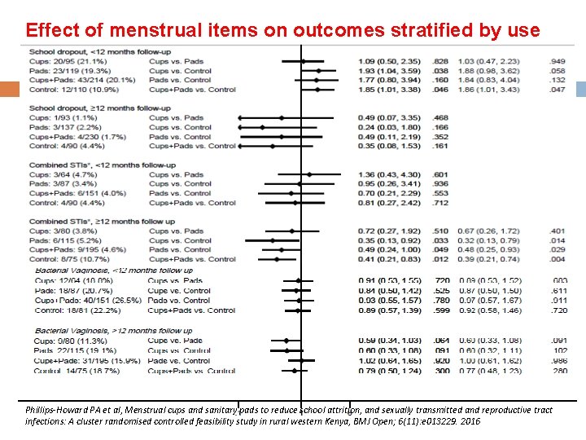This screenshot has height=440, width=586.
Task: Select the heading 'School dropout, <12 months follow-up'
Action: coord(78,51)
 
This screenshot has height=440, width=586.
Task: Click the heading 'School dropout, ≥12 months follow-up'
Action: coord(78,108)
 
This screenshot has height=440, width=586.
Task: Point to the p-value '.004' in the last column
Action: coord(558,259)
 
